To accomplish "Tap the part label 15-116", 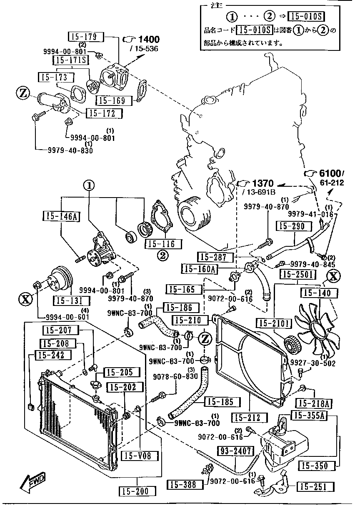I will pyautogui.click(x=160, y=244).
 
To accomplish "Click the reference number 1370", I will pyautogui.click(x=262, y=183).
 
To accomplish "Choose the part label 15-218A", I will pyautogui.click(x=313, y=403).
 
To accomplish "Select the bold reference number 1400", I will pyautogui.click(x=149, y=40).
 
